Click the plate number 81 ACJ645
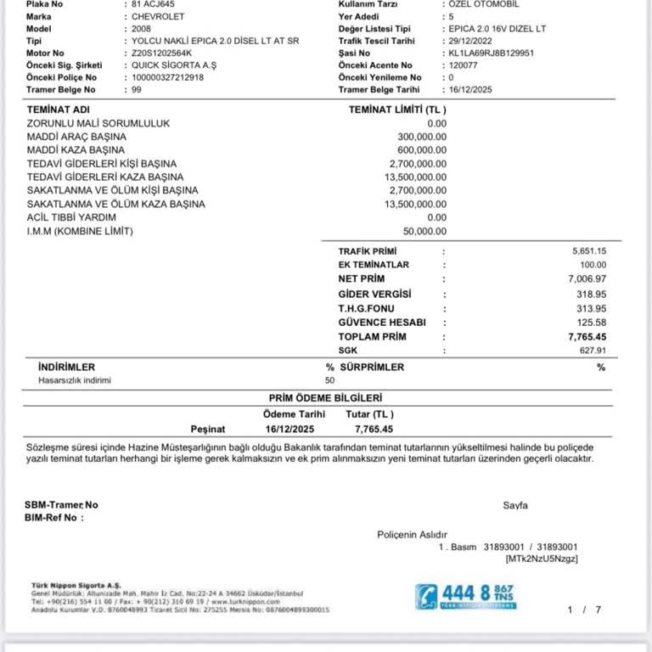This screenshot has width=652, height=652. pos(154,4)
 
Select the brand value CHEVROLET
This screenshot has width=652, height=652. pos(159,16)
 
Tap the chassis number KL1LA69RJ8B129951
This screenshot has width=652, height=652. pos(490,53)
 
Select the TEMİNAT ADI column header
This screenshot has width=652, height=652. pos(59,110)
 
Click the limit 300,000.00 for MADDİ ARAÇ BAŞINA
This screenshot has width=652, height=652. pos(422,137)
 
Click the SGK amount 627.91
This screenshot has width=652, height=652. pos(592,350)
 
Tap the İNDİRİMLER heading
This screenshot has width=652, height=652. pos(66,367)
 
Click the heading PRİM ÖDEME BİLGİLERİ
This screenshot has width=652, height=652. pos(326,397)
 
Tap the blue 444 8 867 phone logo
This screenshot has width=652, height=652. pos(465,596)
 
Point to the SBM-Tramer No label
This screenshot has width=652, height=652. pos(61,504)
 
